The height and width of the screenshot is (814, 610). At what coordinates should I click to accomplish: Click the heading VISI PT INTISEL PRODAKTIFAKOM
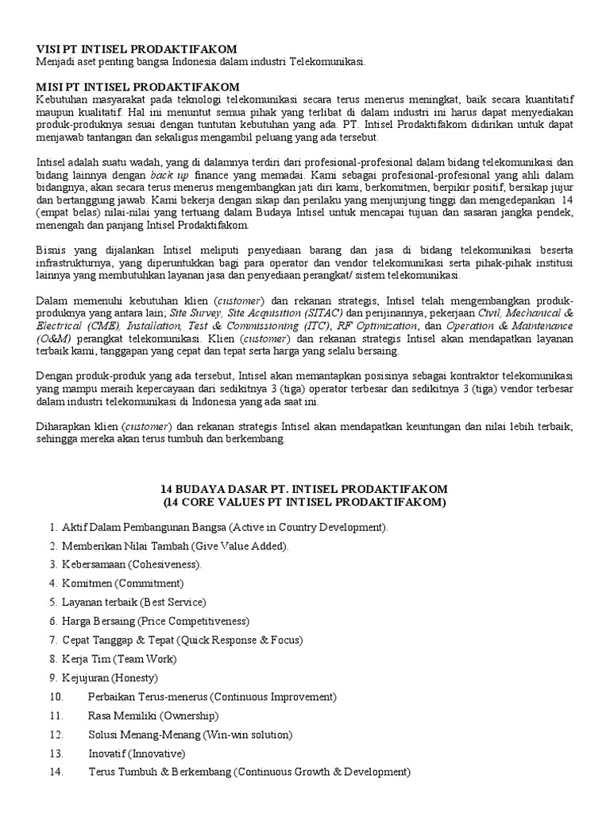click(x=137, y=49)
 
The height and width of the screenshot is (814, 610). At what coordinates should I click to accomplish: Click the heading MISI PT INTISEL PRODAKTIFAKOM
click(x=137, y=87)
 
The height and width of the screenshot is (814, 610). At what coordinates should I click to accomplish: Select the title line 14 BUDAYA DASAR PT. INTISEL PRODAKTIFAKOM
click(x=305, y=488)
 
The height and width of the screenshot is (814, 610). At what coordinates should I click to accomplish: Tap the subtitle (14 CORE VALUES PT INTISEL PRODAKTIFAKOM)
click(x=305, y=502)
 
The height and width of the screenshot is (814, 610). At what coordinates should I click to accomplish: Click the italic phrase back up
click(x=168, y=174)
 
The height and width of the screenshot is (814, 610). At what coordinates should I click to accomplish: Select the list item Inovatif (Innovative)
click(x=136, y=753)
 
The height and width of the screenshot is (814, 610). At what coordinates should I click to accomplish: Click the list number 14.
click(x=55, y=772)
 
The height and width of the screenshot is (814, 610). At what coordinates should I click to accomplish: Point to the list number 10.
click(x=55, y=696)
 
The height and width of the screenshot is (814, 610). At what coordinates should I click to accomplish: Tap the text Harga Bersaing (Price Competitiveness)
click(x=155, y=621)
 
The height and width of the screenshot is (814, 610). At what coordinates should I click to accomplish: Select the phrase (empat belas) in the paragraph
click(x=68, y=213)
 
